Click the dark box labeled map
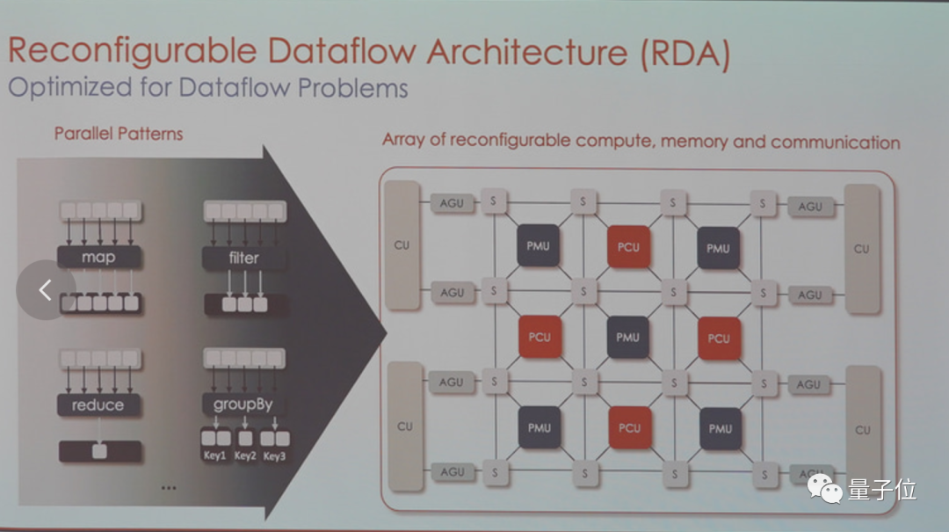pyautogui.click(x=98, y=258)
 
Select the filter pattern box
pyautogui.click(x=244, y=258)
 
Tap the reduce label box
pyautogui.click(x=98, y=404)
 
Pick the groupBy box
pyautogui.click(x=243, y=404)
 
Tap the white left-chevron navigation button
pyautogui.click(x=45, y=289)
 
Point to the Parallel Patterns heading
pyautogui.click(x=119, y=134)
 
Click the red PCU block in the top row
pyautogui.click(x=628, y=247)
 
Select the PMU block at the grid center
pyautogui.click(x=627, y=338)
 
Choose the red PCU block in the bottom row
pyautogui.click(x=629, y=428)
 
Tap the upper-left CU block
pyautogui.click(x=402, y=245)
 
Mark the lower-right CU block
pyautogui.click(x=862, y=430)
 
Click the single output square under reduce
pyautogui.click(x=100, y=451)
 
